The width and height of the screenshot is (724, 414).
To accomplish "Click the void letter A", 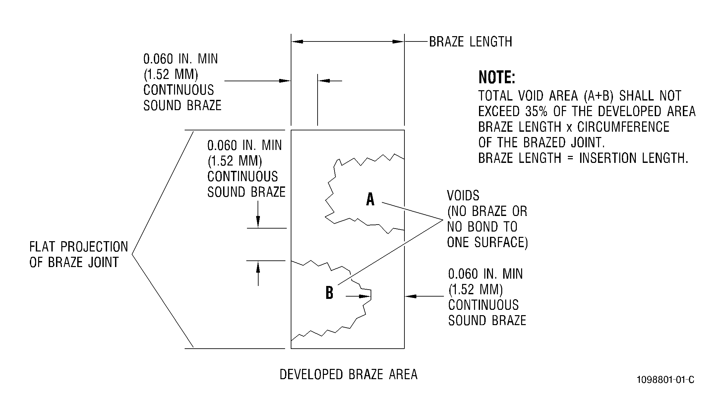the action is pos(370,199).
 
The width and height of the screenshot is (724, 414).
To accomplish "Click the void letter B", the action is pos(329,293).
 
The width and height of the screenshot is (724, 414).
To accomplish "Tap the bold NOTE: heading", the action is pos(497,78).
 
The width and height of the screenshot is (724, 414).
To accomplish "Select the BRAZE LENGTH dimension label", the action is pos(471,42).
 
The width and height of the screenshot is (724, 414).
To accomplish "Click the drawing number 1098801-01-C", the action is pos(665,379).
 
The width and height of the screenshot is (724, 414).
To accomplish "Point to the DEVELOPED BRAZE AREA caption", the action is pos(348,375).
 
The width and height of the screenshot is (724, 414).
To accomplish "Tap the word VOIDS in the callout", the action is pos(463,196).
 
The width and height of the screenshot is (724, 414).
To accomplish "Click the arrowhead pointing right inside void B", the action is pos(365,296).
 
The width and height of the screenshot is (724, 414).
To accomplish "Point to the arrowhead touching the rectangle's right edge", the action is pos(411,296).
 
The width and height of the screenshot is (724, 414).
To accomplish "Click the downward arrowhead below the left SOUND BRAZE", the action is pos(258,222).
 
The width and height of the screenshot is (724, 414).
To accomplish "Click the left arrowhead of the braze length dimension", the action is pos(297,42).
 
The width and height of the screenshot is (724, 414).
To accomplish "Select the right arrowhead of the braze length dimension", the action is pos(398,42).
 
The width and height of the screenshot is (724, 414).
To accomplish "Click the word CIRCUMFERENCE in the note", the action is pos(624,127).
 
